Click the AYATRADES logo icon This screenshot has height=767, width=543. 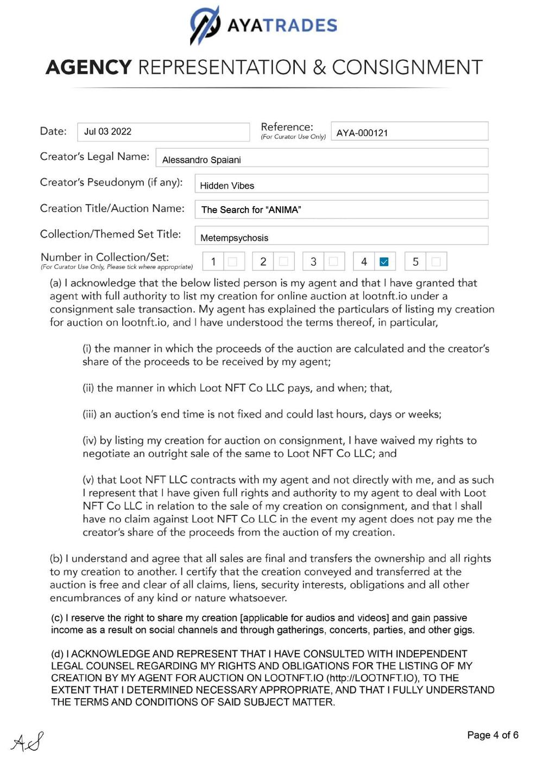click(205, 25)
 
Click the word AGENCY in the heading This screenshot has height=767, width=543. click(89, 67)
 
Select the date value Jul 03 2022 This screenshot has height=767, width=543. click(108, 132)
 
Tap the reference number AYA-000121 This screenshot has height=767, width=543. click(362, 133)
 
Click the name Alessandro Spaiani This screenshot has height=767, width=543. click(201, 160)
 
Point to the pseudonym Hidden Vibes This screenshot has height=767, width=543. click(227, 186)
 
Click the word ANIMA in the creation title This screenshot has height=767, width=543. click(283, 210)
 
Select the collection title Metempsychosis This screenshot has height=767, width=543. click(234, 238)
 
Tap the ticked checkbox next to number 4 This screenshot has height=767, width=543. click(384, 262)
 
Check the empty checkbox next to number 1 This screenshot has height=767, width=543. click(232, 262)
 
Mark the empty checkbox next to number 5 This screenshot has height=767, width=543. click(435, 262)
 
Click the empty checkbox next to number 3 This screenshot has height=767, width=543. click(333, 262)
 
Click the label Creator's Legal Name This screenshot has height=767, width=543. click(94, 157)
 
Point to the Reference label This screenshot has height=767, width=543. click(287, 127)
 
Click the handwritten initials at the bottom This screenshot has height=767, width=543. click(27, 742)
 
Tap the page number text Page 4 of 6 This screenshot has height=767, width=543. click(493, 735)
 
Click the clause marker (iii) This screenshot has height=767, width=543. click(90, 414)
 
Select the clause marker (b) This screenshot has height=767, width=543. click(56, 559)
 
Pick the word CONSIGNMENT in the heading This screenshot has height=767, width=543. click(407, 67)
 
